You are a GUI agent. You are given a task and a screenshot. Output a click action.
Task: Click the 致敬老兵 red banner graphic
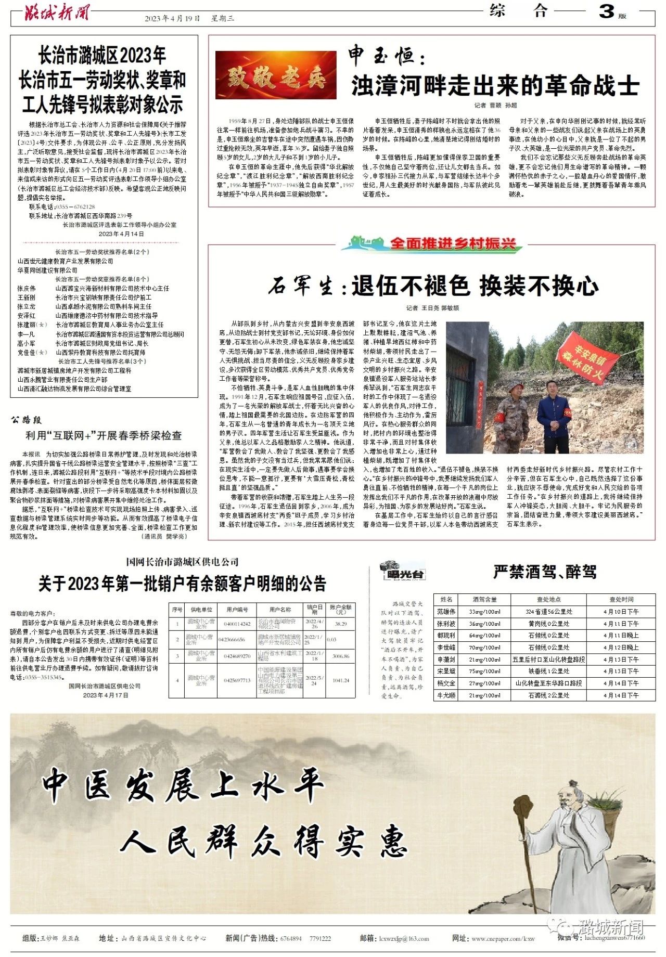[x=276, y=75]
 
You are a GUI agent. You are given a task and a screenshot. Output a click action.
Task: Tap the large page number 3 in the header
[x=606, y=11]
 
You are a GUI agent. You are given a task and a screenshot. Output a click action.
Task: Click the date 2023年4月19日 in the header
[x=172, y=19]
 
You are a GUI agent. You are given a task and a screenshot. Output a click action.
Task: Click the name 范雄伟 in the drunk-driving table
[x=446, y=612]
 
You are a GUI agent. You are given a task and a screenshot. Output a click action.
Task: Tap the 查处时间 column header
[x=621, y=600]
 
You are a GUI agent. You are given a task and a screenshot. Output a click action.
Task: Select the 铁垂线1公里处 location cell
[x=549, y=671]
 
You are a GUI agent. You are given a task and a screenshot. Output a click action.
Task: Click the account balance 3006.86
[x=340, y=656]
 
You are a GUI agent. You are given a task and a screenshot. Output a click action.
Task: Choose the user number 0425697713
[x=237, y=680]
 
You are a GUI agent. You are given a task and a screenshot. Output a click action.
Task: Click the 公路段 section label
[x=26, y=420]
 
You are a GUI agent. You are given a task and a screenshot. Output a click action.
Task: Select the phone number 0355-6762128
[x=75, y=206]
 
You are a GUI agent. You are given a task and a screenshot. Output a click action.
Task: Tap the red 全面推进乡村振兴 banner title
[x=452, y=243]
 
